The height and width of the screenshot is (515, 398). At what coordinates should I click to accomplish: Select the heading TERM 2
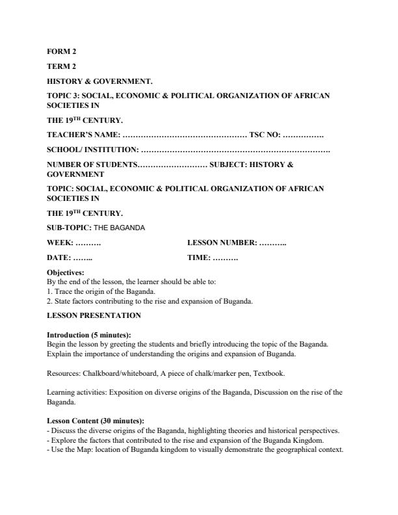point(59,66)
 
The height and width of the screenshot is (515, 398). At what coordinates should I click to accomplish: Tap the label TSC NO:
point(265,135)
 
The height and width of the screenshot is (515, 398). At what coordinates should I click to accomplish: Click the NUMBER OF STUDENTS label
point(92,165)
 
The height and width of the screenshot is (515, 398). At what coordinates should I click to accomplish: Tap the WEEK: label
point(60,243)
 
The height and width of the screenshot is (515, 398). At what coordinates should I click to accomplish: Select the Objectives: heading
point(66,273)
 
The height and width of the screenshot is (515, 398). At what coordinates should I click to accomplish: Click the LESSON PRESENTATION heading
point(94,315)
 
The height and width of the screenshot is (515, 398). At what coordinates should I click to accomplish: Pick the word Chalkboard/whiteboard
point(118,374)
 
